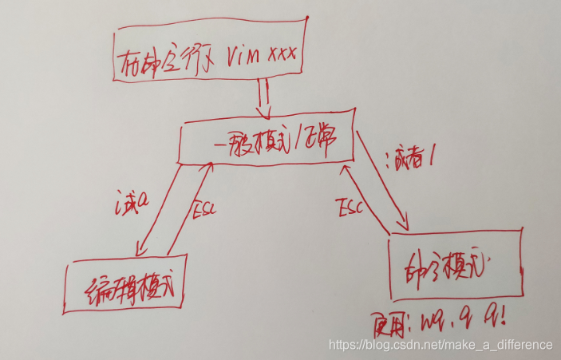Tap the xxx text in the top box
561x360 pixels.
(x=284, y=55)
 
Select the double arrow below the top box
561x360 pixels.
(x=263, y=103)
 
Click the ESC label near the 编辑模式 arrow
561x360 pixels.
(x=203, y=212)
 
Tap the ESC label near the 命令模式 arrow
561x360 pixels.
(x=349, y=209)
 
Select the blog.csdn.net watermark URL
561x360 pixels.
(x=441, y=345)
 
